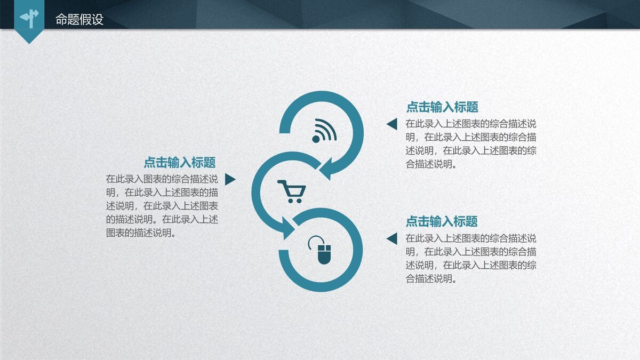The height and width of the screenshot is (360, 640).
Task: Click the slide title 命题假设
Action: click(x=79, y=20)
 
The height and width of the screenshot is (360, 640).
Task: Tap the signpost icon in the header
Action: click(x=29, y=18)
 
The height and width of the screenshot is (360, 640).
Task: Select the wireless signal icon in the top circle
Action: click(x=324, y=130)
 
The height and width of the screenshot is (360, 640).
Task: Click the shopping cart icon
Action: click(x=291, y=191)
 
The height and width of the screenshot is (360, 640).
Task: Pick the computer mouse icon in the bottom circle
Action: click(x=322, y=250)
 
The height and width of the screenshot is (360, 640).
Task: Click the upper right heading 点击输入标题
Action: click(x=442, y=107)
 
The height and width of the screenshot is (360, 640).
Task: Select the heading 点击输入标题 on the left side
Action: click(x=180, y=163)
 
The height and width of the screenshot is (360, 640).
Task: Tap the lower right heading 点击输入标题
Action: click(x=442, y=221)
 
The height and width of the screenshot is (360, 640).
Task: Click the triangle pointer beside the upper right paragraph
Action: click(x=392, y=124)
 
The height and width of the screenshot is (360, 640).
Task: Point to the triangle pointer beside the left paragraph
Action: click(x=230, y=179)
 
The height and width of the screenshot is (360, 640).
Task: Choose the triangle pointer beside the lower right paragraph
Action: click(x=392, y=238)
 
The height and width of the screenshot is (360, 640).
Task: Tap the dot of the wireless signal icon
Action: click(x=315, y=139)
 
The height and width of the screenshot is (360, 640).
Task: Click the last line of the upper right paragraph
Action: click(x=431, y=164)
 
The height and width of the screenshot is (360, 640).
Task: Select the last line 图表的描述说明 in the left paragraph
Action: click(x=141, y=233)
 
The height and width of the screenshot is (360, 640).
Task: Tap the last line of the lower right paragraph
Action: click(x=431, y=278)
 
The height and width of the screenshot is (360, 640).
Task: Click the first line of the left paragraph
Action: click(x=162, y=179)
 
